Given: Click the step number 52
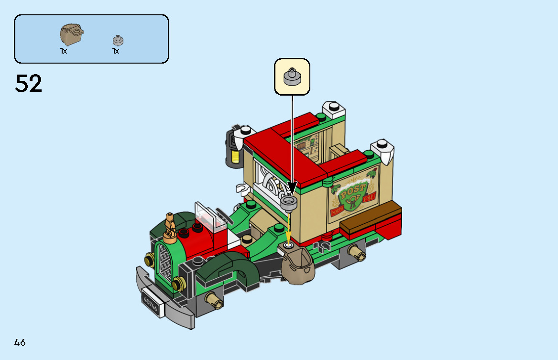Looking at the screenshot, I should coord(29,84).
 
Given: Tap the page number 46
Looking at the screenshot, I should coord(20,342).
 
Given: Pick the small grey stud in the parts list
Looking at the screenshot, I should coord(118,40).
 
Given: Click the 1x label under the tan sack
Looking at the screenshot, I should coord(64,51).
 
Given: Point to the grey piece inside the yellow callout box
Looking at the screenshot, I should coord(292,77).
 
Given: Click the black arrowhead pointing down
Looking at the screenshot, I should coord(292,188).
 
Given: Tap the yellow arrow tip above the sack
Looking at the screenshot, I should coord(289,240).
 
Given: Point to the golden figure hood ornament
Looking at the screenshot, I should coord(169,226).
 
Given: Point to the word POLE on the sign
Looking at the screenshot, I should coord(370,199).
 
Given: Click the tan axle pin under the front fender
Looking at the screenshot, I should coord(211,301).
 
